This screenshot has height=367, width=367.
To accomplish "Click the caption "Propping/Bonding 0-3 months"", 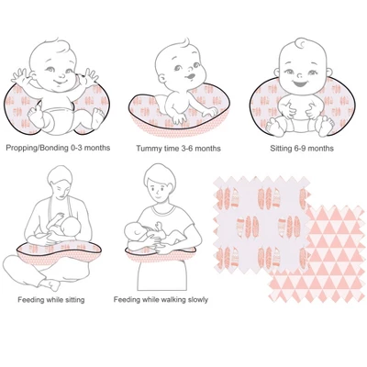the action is pos(58,148).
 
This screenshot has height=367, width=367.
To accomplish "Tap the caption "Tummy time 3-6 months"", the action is pos(178,149).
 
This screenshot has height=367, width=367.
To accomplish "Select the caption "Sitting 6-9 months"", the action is pos(302,149).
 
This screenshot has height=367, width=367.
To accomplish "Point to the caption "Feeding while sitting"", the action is pos(51,300).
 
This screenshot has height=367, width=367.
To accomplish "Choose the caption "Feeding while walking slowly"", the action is pos(161,300).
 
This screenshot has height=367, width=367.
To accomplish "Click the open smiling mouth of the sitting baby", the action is pos(301,83).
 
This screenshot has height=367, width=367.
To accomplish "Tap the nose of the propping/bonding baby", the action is pos(61,75).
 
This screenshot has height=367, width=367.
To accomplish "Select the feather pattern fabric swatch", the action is pos(261,225).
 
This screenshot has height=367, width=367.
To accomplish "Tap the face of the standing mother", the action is pos(159,191).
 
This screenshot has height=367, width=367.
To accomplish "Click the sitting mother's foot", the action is pos(50,284).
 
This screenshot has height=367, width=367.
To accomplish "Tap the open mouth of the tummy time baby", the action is pos(191,75).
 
